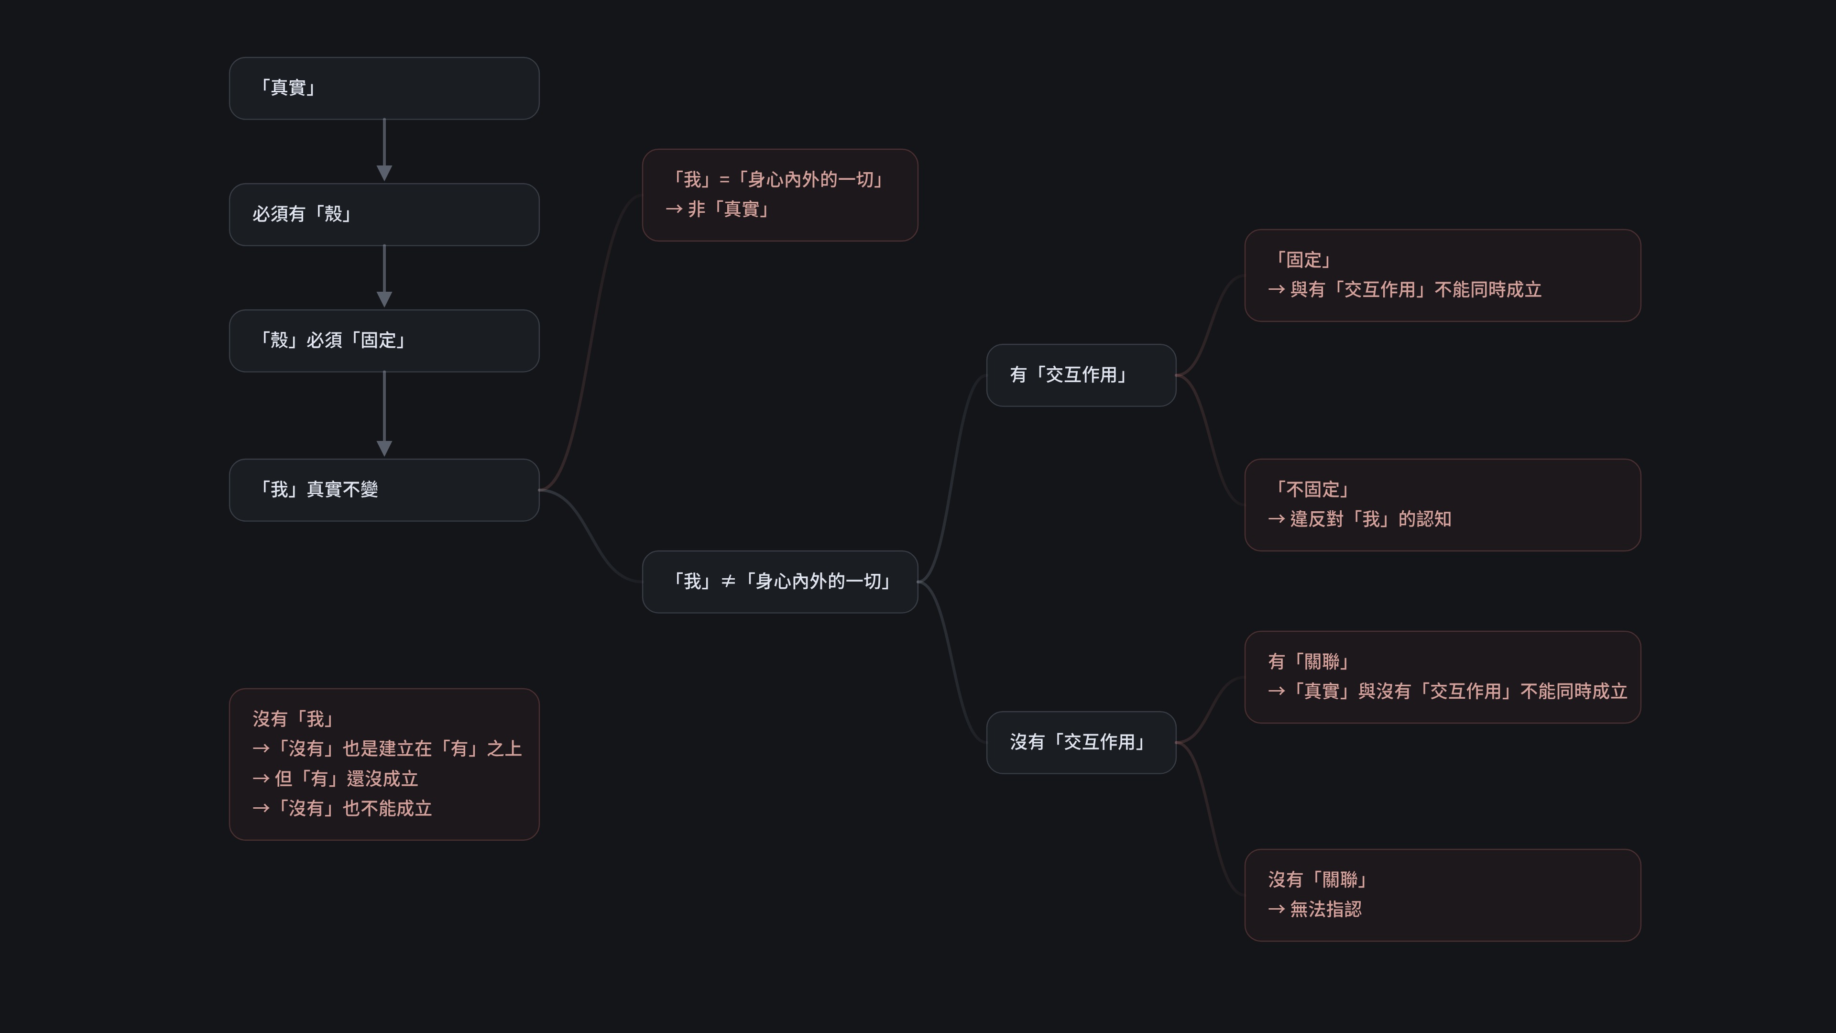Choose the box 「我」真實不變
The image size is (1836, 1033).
click(383, 490)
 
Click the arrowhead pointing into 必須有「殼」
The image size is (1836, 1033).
click(384, 173)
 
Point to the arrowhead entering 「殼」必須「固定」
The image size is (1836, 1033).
click(384, 299)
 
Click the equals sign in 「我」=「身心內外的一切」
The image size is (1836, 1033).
click(724, 180)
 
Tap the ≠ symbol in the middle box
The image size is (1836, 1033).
click(728, 582)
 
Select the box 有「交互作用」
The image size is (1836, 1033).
click(1081, 375)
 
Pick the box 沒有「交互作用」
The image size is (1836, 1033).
click(1081, 742)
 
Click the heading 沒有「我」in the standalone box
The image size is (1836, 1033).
click(293, 719)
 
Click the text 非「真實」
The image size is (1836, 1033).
click(728, 209)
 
